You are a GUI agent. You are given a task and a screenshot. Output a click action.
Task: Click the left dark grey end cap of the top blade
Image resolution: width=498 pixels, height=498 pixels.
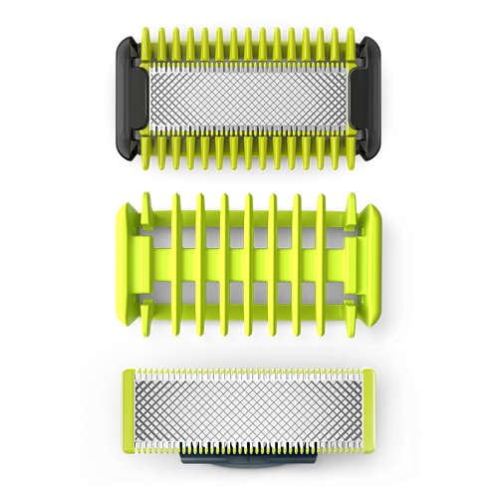pos(127,98)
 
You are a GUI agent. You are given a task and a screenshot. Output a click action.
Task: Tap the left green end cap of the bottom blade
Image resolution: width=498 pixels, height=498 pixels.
pos(128,411)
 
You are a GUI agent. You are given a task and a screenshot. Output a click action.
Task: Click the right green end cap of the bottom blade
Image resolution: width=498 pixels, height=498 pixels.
pos(369,411)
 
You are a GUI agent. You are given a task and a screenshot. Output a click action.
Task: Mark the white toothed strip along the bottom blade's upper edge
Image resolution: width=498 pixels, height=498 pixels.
pos(249,375)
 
